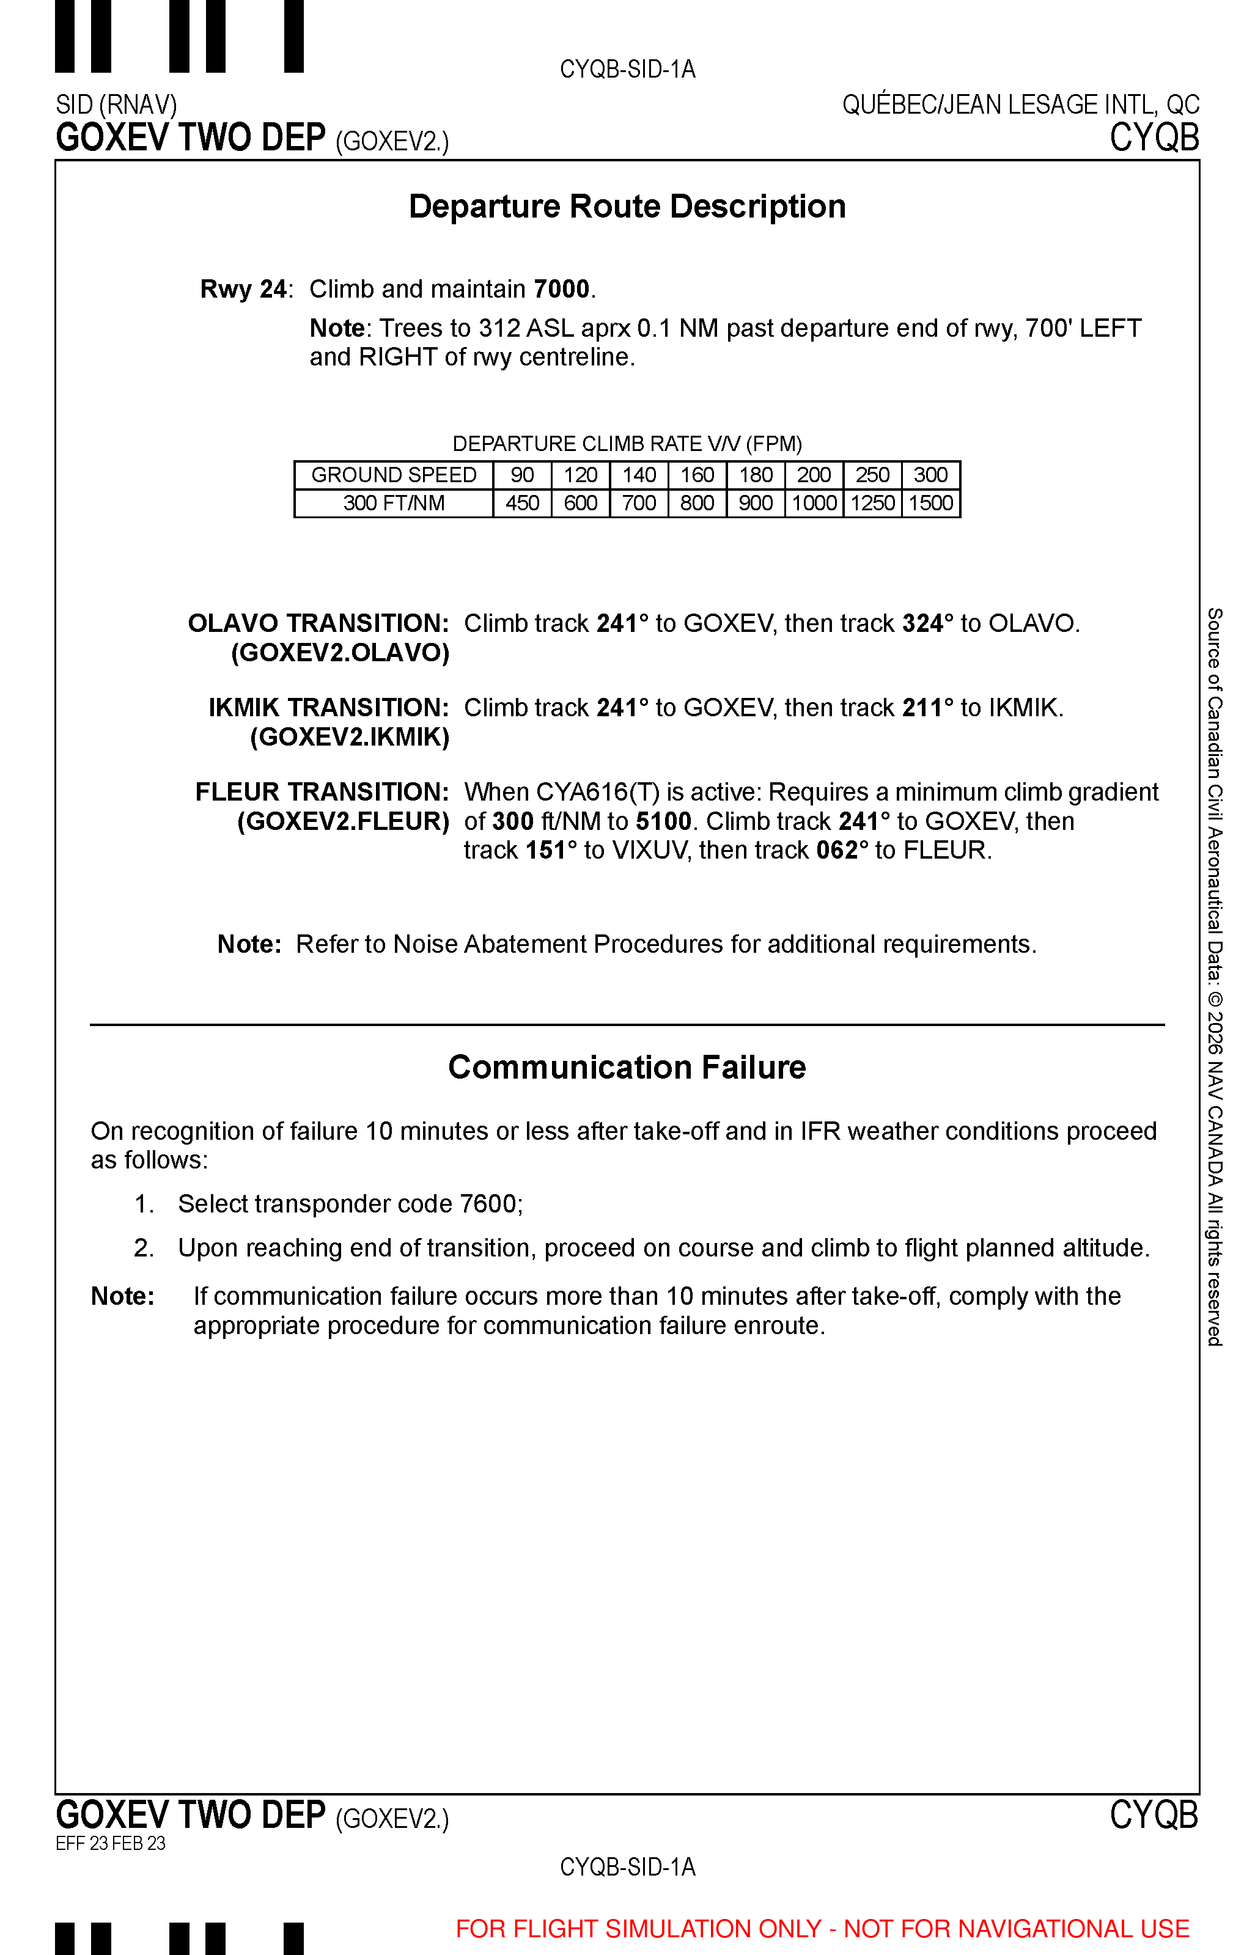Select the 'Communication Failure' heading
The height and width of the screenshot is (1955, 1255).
[627, 1067]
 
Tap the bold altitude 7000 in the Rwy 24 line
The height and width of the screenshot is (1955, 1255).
[562, 289]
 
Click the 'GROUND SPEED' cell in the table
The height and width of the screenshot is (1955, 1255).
[394, 475]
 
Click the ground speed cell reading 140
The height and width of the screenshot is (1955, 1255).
[639, 475]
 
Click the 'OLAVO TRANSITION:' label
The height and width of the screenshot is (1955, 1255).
[318, 623]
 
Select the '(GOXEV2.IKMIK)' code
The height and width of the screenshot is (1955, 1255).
[350, 737]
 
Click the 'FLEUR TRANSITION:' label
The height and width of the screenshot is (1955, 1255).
[322, 792]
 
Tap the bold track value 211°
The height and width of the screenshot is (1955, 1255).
[928, 708]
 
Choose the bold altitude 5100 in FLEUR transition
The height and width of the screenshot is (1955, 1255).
[663, 821]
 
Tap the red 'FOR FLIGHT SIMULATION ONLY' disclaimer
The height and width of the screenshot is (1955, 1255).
[822, 1929]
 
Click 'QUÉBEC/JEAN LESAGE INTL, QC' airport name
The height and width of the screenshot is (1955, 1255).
[1020, 105]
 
